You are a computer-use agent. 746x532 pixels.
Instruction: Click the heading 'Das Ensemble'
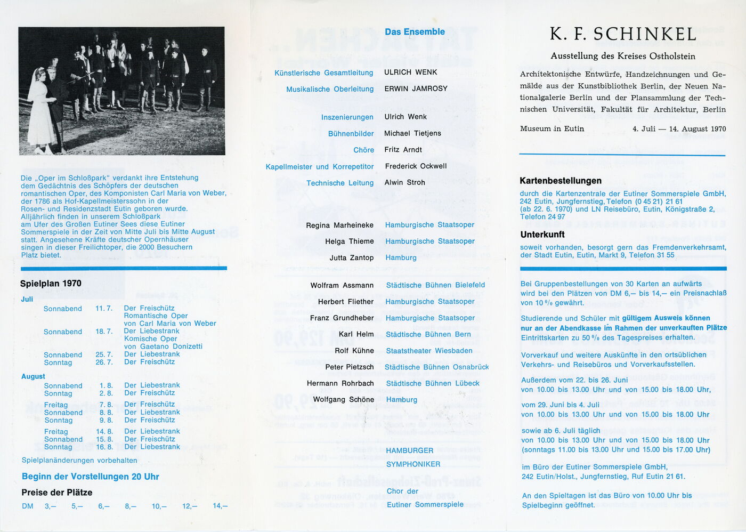click(415, 32)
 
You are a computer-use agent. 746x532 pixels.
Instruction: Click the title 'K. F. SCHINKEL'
click(623, 34)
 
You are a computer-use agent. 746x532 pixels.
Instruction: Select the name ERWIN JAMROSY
click(416, 88)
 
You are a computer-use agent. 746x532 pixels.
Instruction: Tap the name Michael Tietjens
click(412, 133)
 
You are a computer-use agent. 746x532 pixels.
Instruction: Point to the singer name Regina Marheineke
click(339, 225)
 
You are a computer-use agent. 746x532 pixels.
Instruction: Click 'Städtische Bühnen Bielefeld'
click(435, 285)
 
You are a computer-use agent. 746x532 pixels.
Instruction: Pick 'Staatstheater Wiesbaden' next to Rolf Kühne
click(429, 351)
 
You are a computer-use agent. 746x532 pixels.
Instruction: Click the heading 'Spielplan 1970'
click(51, 284)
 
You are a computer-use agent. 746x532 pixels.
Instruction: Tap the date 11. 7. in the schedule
click(104, 309)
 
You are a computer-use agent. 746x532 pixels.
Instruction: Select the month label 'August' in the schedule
click(33, 376)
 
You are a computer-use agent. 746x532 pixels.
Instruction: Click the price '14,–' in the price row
click(220, 506)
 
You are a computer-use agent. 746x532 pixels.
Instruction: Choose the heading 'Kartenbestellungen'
click(561, 181)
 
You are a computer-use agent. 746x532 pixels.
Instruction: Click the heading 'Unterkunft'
click(542, 235)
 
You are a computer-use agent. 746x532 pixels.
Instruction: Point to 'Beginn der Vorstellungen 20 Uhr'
click(91, 477)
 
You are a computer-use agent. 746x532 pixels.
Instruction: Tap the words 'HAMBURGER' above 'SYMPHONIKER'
click(410, 450)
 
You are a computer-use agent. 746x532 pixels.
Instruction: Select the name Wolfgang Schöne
click(343, 400)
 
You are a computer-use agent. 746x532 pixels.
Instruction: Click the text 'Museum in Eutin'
click(552, 128)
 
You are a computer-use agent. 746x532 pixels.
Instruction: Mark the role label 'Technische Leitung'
click(340, 183)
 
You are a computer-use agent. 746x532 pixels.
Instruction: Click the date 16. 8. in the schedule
click(104, 447)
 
